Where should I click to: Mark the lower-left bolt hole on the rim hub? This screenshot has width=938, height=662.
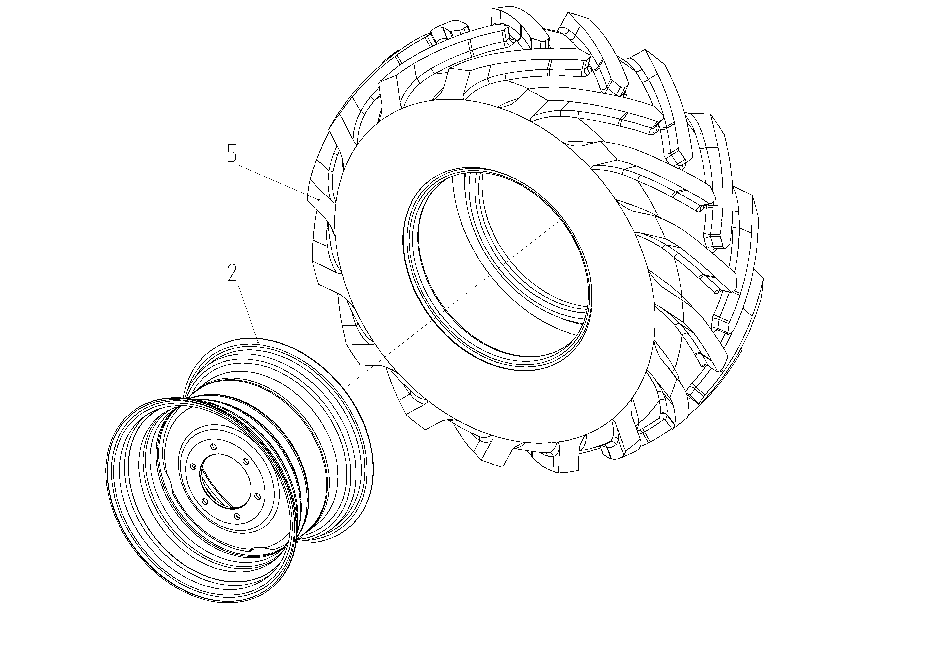click(x=205, y=501)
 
